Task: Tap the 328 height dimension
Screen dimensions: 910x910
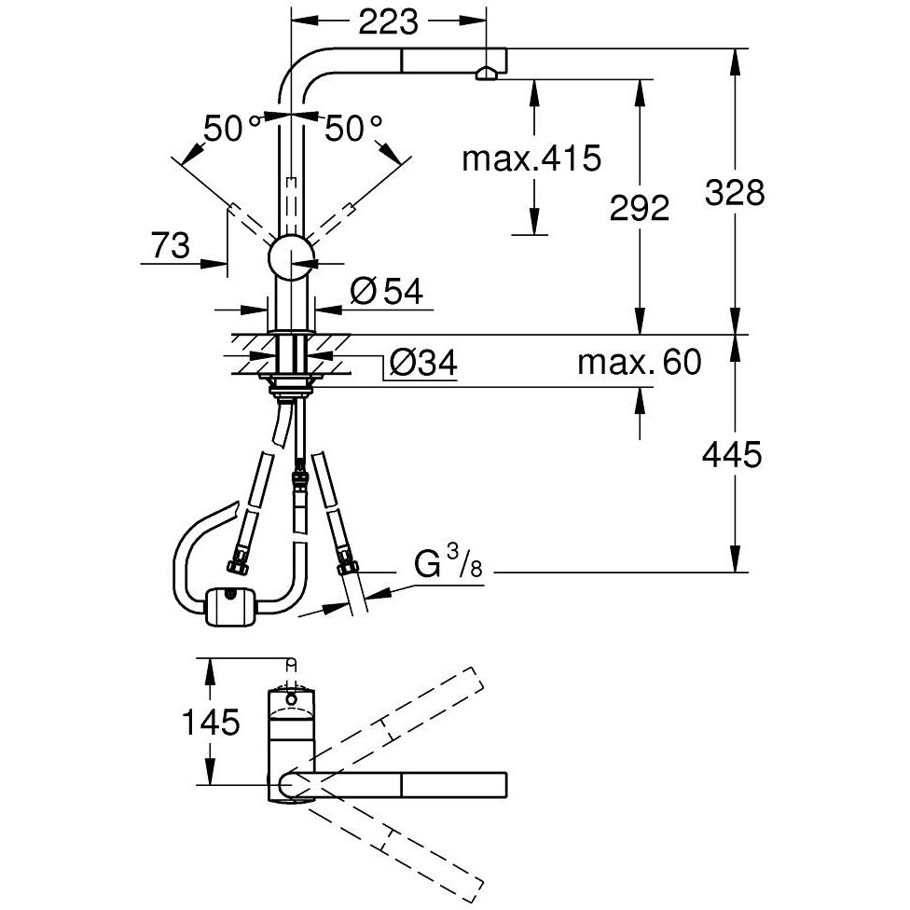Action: [x=735, y=193]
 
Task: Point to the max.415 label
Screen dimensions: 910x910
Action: [x=532, y=159]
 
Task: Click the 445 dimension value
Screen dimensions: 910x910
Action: [x=733, y=455]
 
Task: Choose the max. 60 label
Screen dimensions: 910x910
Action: [x=639, y=362]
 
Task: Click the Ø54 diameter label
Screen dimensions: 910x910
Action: [x=387, y=292]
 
